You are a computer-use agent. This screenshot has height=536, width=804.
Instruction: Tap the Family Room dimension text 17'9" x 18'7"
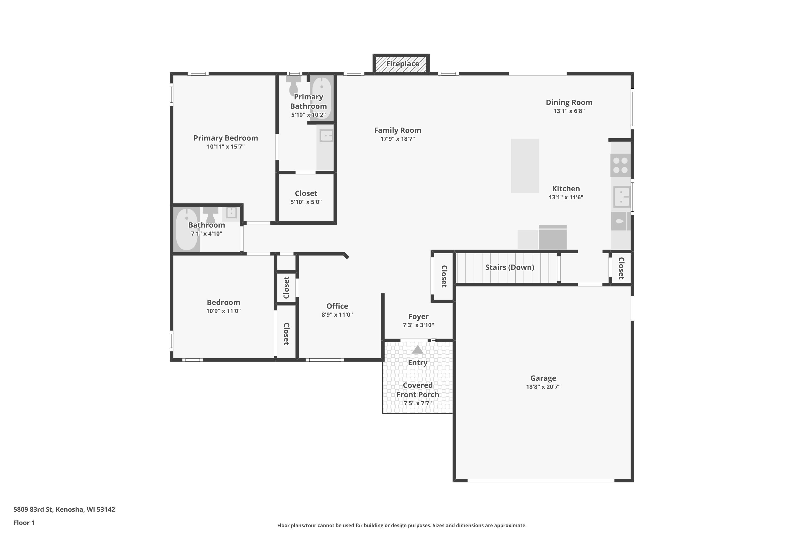tap(397, 139)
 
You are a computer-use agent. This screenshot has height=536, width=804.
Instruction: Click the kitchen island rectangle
tap(525, 166)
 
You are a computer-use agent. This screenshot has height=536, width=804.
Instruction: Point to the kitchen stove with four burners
tap(620, 165)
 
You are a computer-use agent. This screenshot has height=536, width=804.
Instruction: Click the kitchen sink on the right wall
tap(622, 197)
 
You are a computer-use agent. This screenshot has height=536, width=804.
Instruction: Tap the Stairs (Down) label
tap(510, 267)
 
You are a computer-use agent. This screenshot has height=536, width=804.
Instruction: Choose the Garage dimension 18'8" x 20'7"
tap(543, 387)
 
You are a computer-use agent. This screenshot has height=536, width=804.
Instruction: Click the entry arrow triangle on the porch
tap(417, 350)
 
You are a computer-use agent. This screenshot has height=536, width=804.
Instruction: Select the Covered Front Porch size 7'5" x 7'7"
tap(418, 403)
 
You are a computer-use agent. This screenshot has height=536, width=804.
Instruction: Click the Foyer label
tap(418, 317)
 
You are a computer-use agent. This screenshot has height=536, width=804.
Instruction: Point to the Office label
tap(337, 306)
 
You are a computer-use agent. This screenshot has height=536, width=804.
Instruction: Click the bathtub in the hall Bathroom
tap(187, 229)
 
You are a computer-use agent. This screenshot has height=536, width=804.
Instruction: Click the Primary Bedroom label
tap(226, 138)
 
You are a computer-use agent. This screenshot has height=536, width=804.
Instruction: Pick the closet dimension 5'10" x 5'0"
tap(306, 202)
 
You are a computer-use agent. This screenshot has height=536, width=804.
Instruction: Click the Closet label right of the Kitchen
tap(621, 268)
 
